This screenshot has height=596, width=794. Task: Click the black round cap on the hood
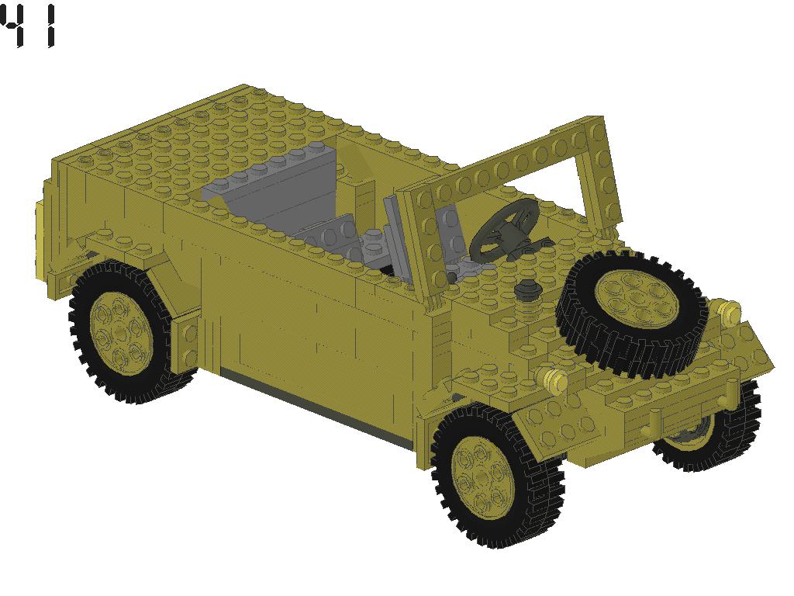[527, 289]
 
